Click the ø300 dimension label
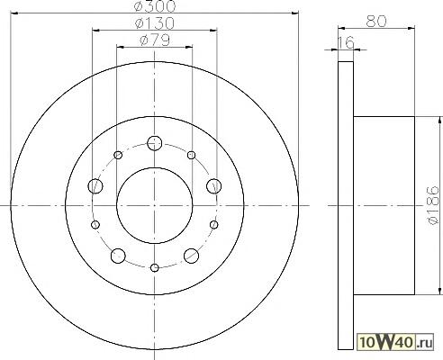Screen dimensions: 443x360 point(155,6)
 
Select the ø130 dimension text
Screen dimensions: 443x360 point(155,23)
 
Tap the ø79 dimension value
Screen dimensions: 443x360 point(155,40)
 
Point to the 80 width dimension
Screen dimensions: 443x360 point(376,22)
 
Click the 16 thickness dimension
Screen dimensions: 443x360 point(346,42)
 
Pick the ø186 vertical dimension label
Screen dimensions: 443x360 point(432,205)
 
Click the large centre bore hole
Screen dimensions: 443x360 point(155,205)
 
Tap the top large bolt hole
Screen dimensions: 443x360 point(155,143)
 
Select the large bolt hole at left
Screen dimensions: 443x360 point(95,186)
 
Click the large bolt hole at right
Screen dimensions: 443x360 point(214,186)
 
